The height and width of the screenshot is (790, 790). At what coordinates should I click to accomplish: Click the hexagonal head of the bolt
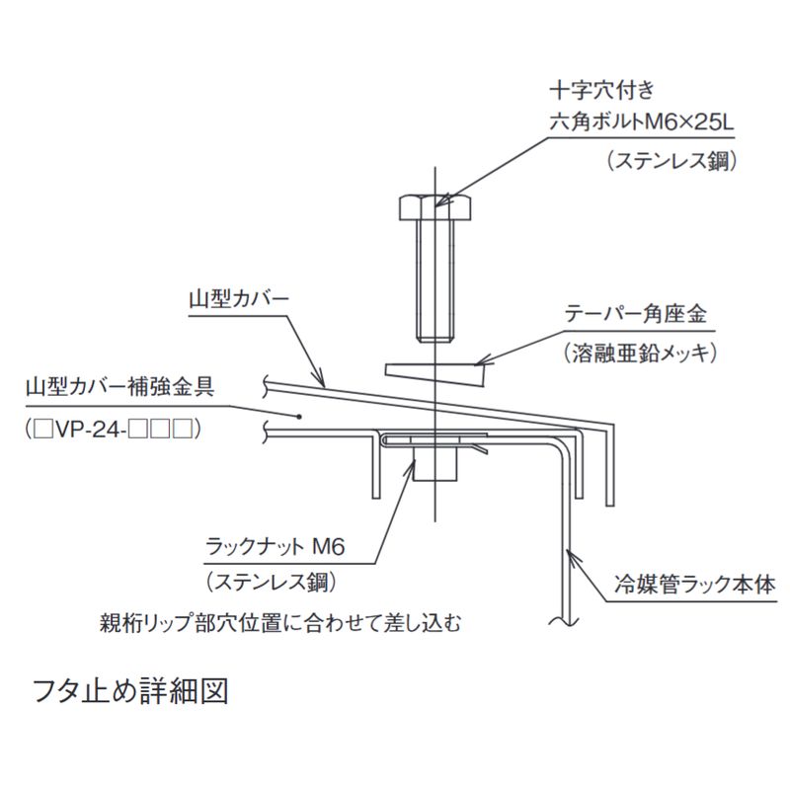(435, 208)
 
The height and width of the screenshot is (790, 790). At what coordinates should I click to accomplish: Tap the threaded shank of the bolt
(435, 281)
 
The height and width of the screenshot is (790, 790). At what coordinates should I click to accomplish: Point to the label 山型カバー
(239, 299)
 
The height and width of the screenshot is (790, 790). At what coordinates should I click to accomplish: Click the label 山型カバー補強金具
(120, 387)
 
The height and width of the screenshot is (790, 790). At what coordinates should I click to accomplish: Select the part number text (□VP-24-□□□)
(114, 430)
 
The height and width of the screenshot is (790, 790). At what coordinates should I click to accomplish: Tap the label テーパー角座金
(635, 314)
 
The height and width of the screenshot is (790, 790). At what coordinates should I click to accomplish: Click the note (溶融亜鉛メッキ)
(640, 354)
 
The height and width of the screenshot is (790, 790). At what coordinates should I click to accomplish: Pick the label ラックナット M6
(276, 546)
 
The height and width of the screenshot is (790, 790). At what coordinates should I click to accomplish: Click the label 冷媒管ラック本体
(695, 585)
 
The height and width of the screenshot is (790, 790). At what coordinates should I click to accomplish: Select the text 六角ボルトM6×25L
(642, 122)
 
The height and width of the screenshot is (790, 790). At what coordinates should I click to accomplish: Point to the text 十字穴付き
(601, 90)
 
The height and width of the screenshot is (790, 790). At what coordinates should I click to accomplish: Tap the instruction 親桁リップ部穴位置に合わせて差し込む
(280, 623)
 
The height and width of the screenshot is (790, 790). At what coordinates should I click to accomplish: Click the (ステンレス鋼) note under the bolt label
(672, 161)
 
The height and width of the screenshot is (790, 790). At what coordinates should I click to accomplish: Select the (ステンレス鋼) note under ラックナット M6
(272, 583)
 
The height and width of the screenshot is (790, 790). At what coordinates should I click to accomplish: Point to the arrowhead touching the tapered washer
(483, 360)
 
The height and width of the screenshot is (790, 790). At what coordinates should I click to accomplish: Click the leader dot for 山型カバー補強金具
(299, 416)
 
